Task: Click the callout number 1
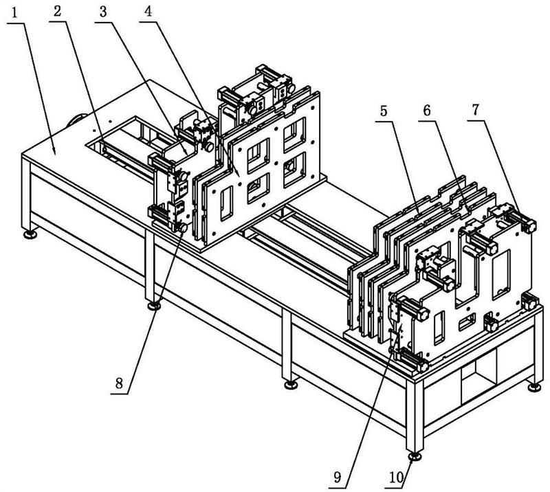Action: [x=14, y=13]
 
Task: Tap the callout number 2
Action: [x=58, y=11]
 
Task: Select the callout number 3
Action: [x=102, y=12]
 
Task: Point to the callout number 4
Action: [x=148, y=11]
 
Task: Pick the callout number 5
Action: [x=384, y=111]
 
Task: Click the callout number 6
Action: [x=427, y=111]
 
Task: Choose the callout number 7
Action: [x=475, y=110]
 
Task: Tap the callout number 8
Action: [x=119, y=383]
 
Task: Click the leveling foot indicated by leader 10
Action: [x=416, y=456]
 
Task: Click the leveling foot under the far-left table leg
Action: [x=30, y=234]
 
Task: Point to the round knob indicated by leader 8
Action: [x=183, y=228]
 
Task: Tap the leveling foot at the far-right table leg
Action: [x=534, y=387]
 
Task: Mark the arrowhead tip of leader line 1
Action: [x=55, y=155]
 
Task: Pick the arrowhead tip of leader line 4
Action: [x=240, y=177]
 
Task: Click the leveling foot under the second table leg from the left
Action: [x=153, y=306]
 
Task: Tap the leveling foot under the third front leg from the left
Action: [x=291, y=385]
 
